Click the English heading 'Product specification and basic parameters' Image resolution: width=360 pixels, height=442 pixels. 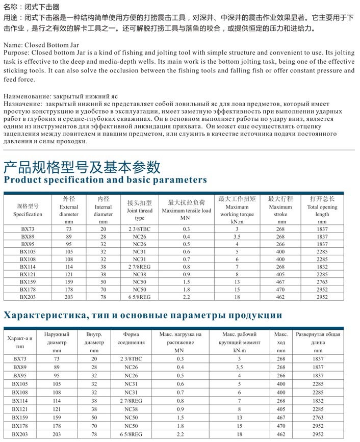(x=105, y=180)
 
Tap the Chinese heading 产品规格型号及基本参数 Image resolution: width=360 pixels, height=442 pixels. (x=82, y=166)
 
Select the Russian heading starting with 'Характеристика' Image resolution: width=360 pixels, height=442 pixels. (x=143, y=315)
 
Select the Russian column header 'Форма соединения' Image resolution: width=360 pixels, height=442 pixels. (x=134, y=339)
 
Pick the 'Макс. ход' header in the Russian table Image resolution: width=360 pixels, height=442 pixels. (x=281, y=339)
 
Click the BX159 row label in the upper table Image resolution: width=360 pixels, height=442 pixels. (x=28, y=281)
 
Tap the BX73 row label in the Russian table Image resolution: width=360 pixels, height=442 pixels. (x=20, y=359)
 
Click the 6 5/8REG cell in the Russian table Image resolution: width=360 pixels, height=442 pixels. (x=134, y=434)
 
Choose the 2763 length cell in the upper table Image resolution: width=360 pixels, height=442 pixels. (x=322, y=281)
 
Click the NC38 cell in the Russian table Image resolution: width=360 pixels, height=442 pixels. (x=134, y=409)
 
